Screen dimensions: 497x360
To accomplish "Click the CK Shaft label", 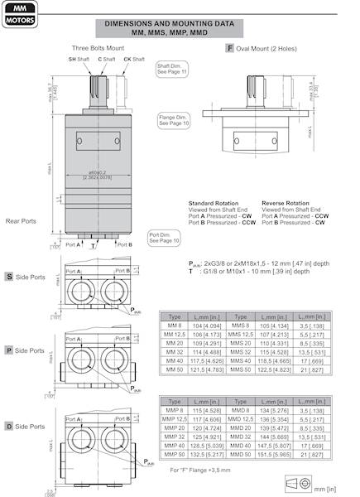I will click(x=122, y=60).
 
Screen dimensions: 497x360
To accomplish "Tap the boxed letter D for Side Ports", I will click(x=8, y=425).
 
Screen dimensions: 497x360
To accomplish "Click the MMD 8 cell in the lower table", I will click(x=247, y=409).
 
